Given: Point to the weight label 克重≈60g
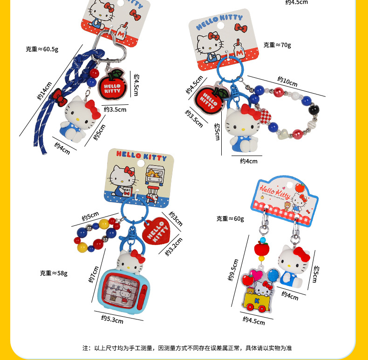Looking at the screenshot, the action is tap(231, 218).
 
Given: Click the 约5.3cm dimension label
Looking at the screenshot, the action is tap(112, 319).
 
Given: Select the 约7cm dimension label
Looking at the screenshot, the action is tap(94, 274).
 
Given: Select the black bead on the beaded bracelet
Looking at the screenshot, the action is tap(315, 110).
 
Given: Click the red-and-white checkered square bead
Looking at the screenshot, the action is tap(265, 115).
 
